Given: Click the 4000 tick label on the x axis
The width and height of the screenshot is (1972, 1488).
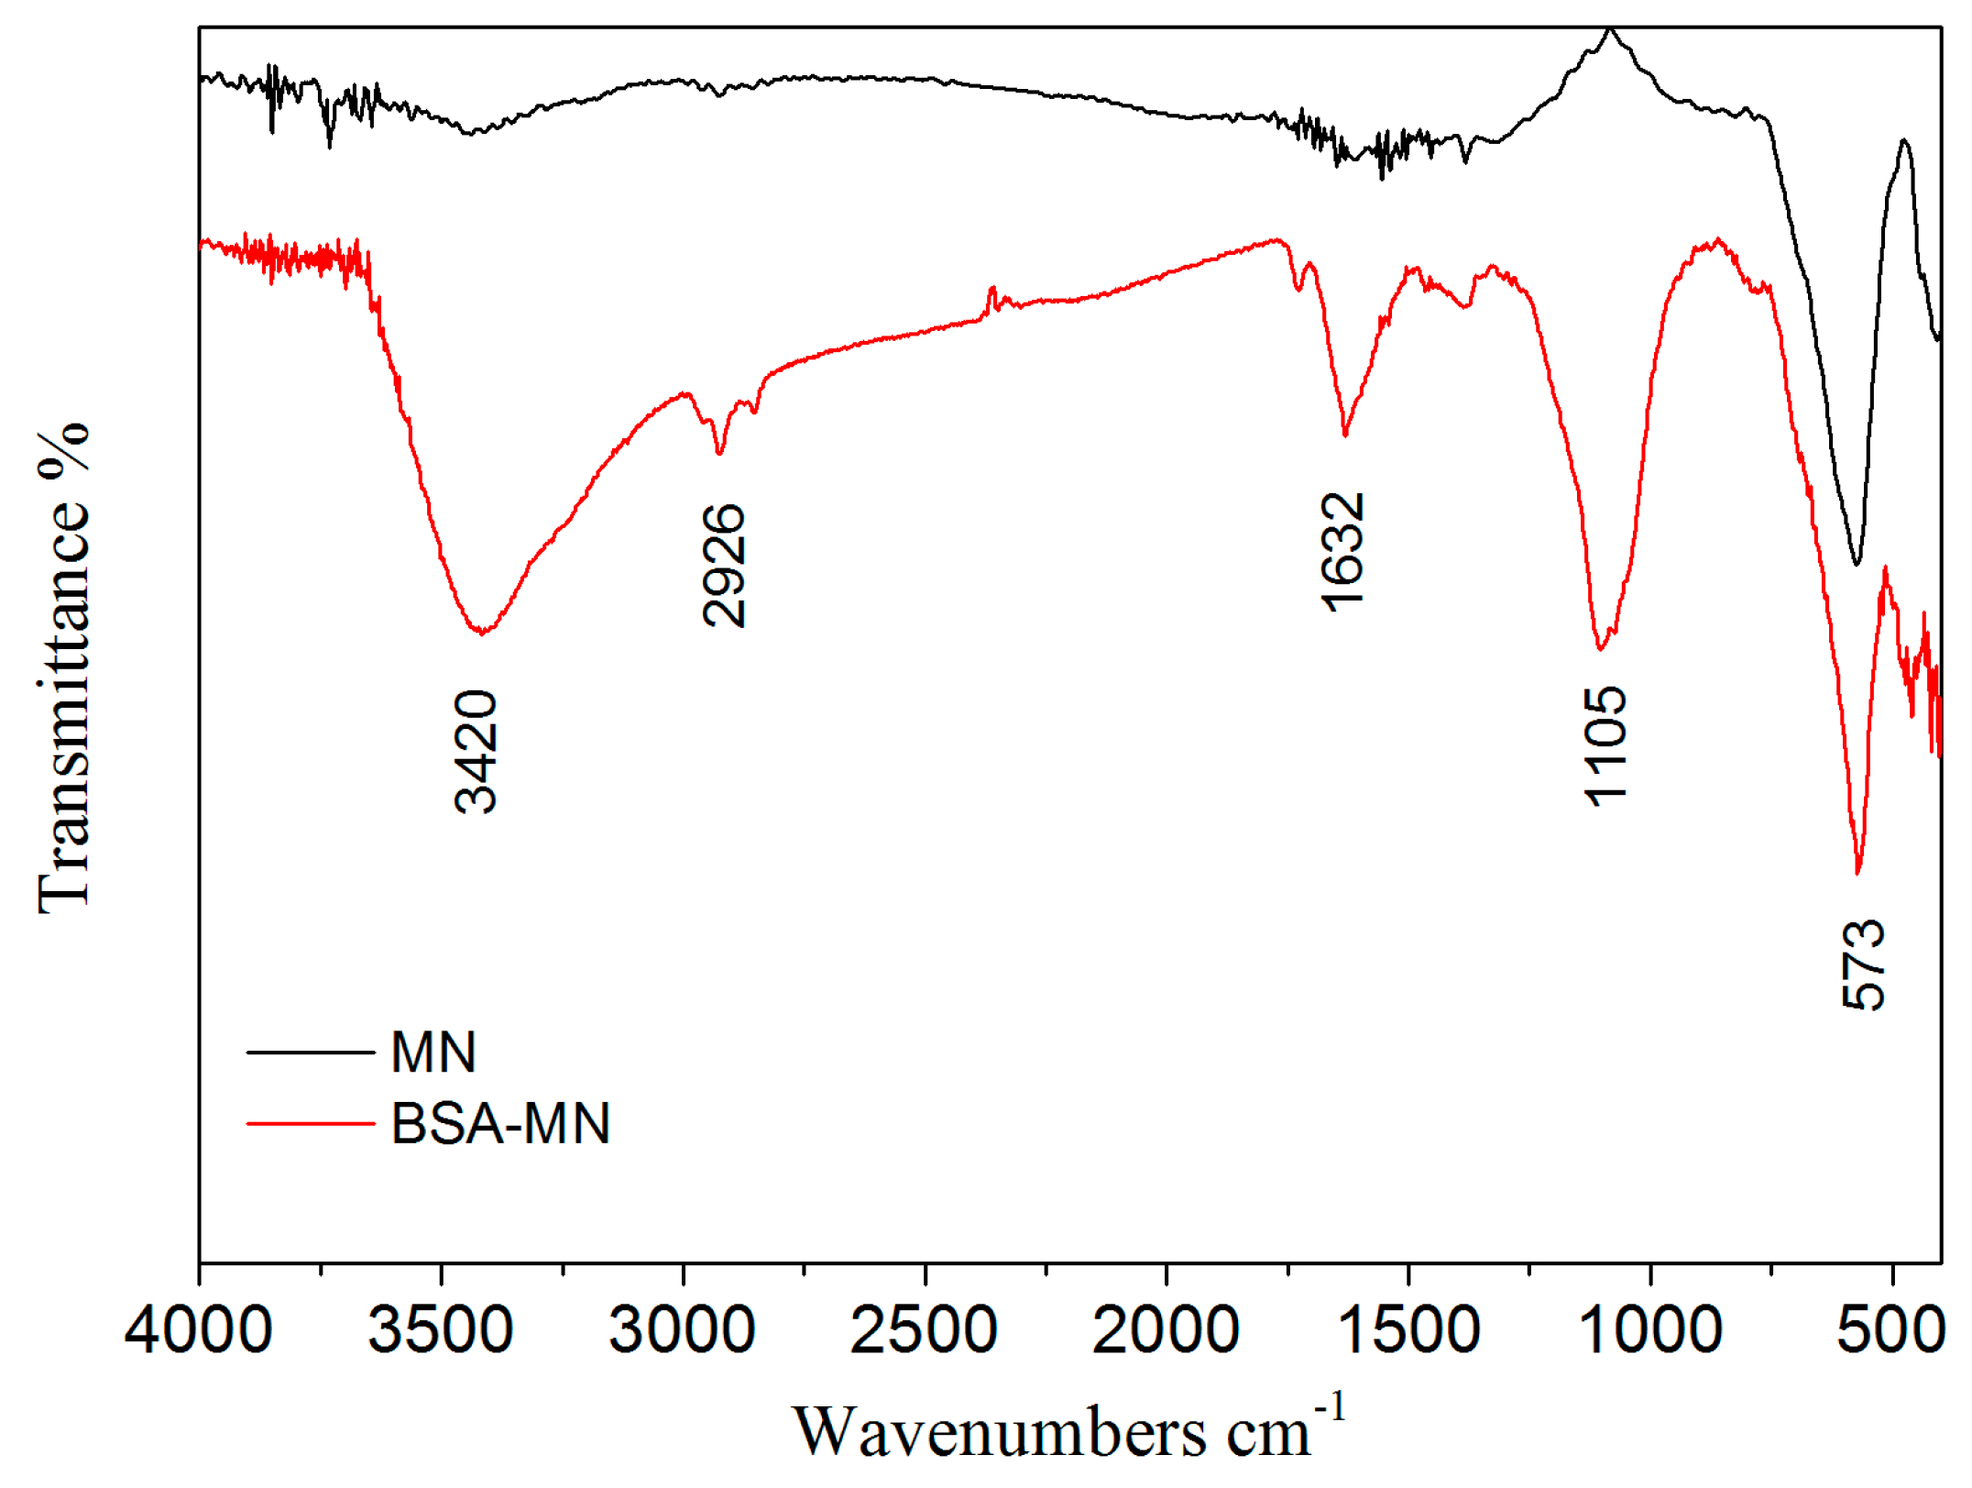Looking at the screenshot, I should [198, 1330].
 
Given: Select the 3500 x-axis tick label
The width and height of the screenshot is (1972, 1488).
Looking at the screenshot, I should [441, 1330].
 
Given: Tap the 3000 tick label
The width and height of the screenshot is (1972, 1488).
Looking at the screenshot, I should [683, 1330].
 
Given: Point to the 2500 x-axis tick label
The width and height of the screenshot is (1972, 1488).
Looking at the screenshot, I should [924, 1330].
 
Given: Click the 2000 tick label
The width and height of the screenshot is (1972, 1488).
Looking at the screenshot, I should [1166, 1330].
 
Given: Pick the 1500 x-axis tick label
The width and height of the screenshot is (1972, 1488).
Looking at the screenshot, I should [1408, 1330].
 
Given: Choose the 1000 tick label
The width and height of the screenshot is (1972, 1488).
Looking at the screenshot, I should [1650, 1330].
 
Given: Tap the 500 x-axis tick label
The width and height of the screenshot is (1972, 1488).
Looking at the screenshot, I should [1890, 1330].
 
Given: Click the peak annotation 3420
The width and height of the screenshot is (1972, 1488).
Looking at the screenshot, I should [477, 752].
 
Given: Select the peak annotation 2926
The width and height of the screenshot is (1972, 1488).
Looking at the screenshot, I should [724, 566].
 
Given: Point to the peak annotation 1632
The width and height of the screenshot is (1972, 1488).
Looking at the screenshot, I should [1343, 552].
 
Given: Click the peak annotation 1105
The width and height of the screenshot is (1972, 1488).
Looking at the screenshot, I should [1605, 746].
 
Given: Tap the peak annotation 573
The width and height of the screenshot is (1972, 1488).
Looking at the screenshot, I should [1864, 964].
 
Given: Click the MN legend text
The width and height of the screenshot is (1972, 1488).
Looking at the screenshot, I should [433, 1052].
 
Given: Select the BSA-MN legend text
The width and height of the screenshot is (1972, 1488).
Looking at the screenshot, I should [500, 1123].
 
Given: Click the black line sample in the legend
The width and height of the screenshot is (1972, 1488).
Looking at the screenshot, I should [311, 1052].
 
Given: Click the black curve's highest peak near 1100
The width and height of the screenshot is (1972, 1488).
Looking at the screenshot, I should [1610, 31].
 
